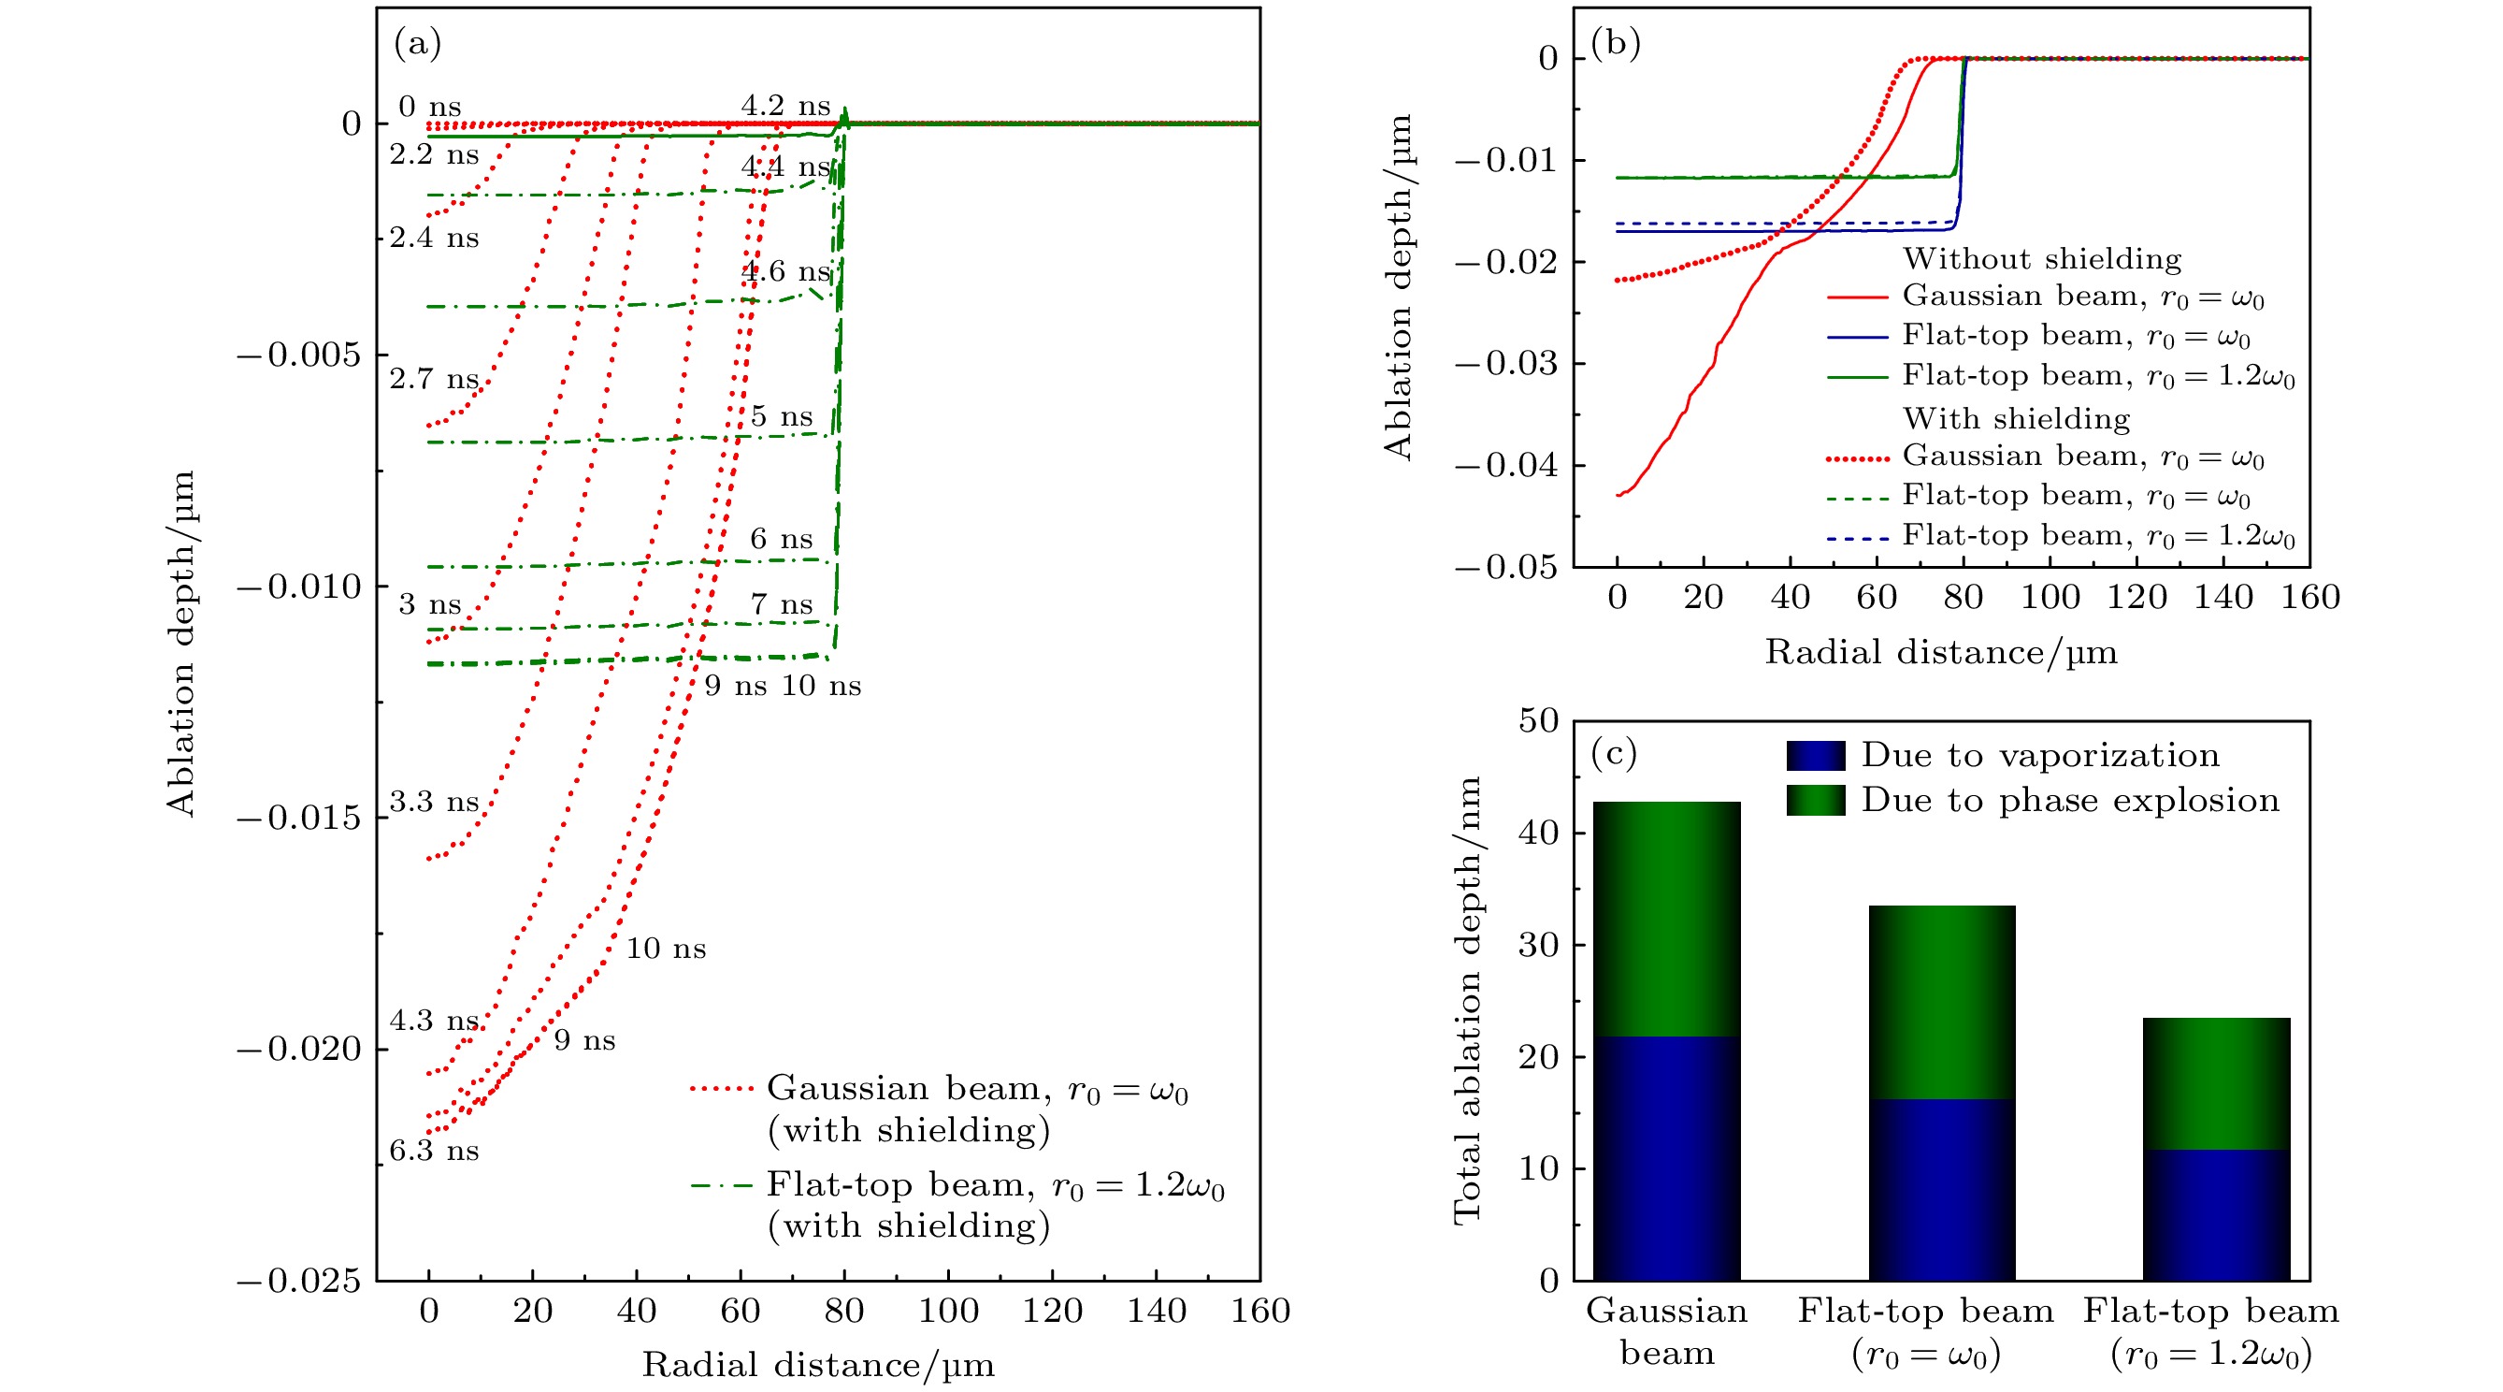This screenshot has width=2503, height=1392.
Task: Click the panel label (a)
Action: (418, 44)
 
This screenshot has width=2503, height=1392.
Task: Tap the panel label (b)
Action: (1615, 44)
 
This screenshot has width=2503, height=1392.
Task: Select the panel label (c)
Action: (1613, 752)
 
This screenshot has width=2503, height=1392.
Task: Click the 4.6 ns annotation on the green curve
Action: (785, 271)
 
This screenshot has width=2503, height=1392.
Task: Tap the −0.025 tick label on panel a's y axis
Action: (297, 1282)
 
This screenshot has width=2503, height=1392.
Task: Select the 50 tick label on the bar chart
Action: (1538, 720)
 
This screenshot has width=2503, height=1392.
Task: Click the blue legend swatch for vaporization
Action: (1815, 755)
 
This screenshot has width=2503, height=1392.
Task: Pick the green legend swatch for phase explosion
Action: (1815, 800)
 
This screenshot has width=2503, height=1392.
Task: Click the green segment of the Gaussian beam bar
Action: (1666, 919)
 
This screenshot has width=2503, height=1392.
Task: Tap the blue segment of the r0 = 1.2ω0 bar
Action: (2215, 1214)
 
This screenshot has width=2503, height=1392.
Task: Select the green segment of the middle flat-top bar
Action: (1941, 1001)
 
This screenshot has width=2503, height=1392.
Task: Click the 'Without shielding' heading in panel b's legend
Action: (2041, 258)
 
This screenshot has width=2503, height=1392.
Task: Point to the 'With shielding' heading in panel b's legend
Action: (2016, 418)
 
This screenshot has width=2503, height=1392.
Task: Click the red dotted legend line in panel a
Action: (721, 1088)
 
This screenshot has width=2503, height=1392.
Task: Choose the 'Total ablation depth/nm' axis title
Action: (1466, 1000)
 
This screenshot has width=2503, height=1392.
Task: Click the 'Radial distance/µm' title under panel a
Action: (818, 1365)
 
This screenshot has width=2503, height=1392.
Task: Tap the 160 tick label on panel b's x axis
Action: (2309, 597)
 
